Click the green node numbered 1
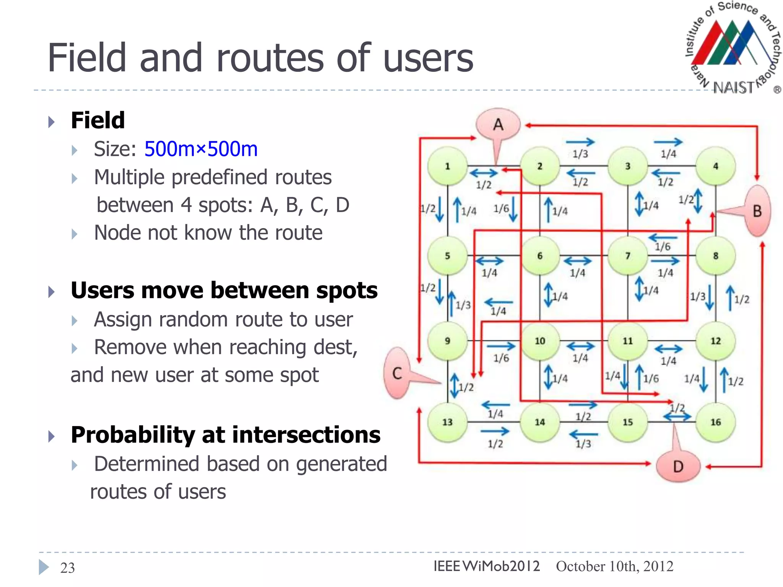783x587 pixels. point(447,166)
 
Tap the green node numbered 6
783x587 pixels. point(539,256)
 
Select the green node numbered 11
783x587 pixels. point(628,341)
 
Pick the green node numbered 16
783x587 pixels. point(716,422)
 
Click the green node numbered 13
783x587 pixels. point(447,422)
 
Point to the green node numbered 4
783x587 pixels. point(716,166)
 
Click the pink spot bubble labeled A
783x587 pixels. point(498,125)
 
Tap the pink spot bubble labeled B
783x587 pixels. point(757,211)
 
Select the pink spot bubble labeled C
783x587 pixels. point(397,373)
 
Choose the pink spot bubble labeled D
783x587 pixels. point(678,466)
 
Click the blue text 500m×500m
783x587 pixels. point(201,149)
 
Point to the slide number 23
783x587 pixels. point(68,568)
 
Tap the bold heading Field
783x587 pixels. point(98,120)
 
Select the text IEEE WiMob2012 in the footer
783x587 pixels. point(486,566)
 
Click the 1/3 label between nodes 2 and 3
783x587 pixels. point(580,154)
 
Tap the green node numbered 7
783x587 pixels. point(628,256)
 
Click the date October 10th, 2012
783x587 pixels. point(614,566)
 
